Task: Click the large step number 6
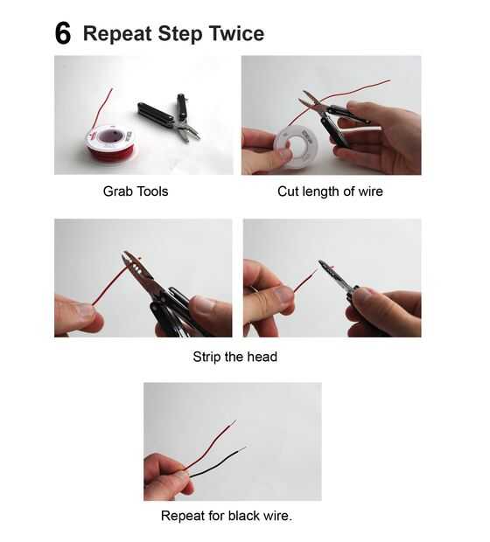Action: pyautogui.click(x=63, y=33)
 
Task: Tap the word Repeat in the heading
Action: pyautogui.click(x=117, y=34)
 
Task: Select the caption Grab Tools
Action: pyautogui.click(x=136, y=191)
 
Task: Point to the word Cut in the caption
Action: pyautogui.click(x=288, y=191)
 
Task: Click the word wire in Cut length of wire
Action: pyautogui.click(x=371, y=191)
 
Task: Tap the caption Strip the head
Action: pyautogui.click(x=235, y=357)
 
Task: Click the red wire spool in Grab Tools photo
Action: pyautogui.click(x=110, y=142)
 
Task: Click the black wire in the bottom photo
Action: pyautogui.click(x=217, y=462)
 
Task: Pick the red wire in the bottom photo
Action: pyautogui.click(x=211, y=445)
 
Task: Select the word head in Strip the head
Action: pyautogui.click(x=262, y=357)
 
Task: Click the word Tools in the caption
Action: pyautogui.click(x=151, y=191)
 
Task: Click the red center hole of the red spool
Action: pyautogui.click(x=111, y=136)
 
